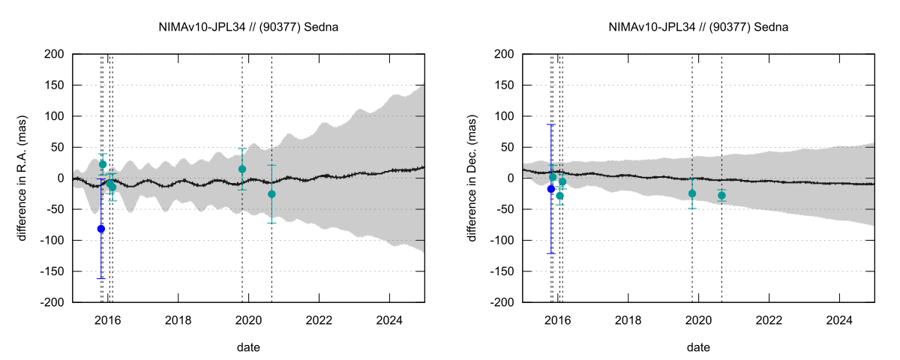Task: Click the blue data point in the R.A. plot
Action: coord(101,229)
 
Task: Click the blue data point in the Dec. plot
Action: coord(551,189)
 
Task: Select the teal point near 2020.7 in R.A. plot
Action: coord(271,193)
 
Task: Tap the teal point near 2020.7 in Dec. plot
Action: coord(721,196)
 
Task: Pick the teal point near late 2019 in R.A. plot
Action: coord(242,169)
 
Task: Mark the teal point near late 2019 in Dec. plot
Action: coord(692,193)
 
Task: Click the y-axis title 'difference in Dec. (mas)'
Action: coord(473,178)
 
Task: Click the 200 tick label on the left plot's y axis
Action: coord(53,54)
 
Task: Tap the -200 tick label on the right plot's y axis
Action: coord(502,302)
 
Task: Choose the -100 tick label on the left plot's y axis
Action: coord(52,240)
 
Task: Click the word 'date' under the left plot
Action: coord(248,347)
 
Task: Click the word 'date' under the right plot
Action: coord(698,347)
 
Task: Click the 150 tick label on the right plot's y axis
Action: coord(503,85)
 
